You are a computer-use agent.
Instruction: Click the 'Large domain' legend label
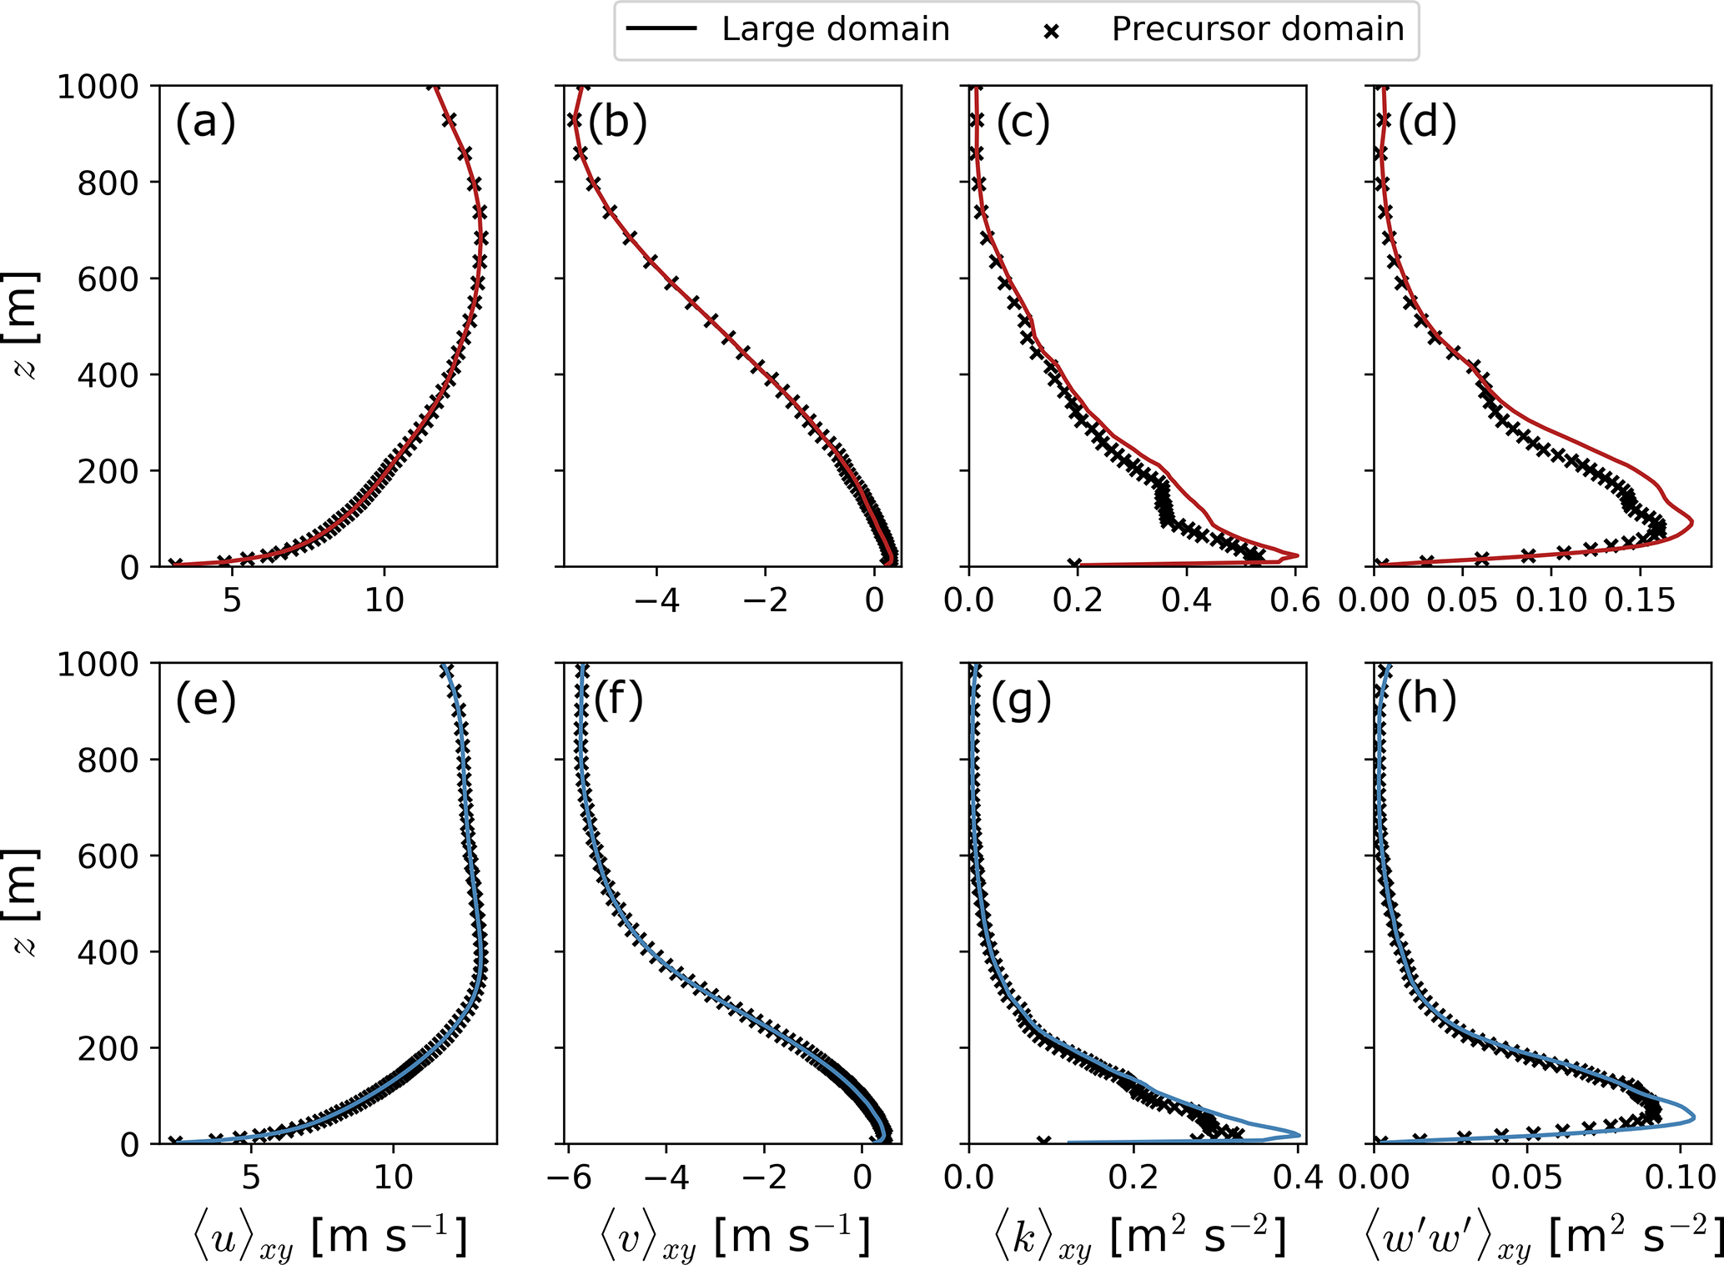[x=835, y=29]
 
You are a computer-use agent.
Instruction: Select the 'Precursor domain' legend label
[x=1257, y=29]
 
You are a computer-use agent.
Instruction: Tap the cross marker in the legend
[x=1052, y=32]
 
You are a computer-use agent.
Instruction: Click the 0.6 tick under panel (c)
[x=1295, y=600]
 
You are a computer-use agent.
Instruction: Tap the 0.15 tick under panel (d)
[x=1639, y=600]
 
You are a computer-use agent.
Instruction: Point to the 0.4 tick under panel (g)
[x=1299, y=1177]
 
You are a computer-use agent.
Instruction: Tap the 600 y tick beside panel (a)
[x=108, y=279]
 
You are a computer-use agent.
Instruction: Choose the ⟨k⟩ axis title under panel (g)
[x=1139, y=1237]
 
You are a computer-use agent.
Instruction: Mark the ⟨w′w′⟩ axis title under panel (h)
[x=1543, y=1237]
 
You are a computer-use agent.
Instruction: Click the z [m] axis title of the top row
[x=25, y=325]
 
